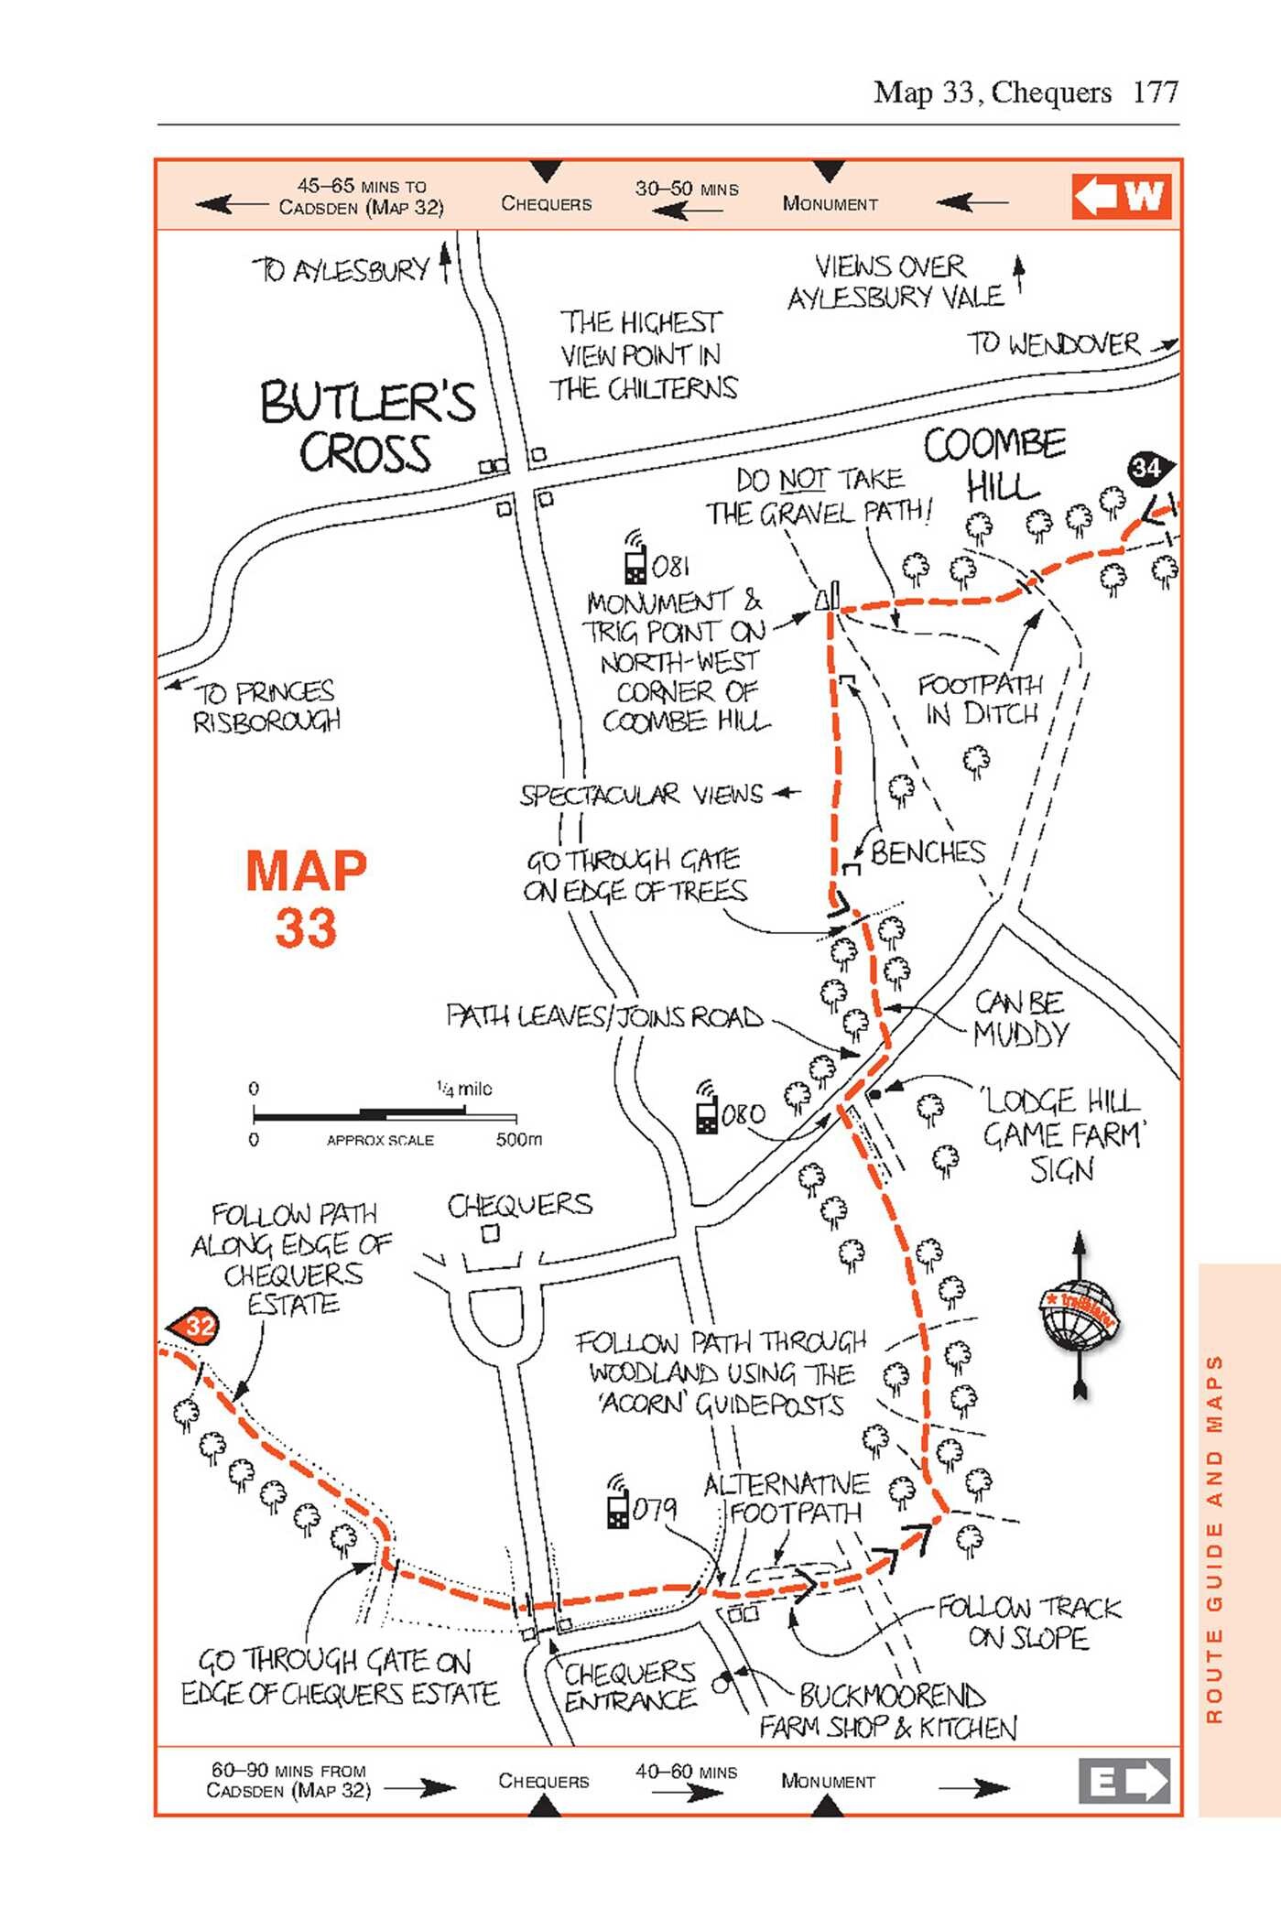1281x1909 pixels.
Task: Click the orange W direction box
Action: point(1122,196)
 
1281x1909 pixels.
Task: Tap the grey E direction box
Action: point(1124,1781)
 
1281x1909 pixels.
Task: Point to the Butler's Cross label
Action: point(367,428)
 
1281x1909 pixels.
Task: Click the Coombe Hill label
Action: point(995,464)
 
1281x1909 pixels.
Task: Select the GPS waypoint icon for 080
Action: point(707,1106)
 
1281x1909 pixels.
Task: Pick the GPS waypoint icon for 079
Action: point(619,1501)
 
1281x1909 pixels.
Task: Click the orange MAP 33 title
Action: point(306,897)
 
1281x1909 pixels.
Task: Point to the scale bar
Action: point(385,1114)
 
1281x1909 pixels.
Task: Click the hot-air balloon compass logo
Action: point(1080,1315)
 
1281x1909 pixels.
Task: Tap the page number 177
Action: point(1156,92)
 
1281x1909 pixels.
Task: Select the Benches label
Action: point(928,852)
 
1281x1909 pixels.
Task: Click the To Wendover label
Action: point(1054,344)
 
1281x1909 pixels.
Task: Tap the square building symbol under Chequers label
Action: point(491,1233)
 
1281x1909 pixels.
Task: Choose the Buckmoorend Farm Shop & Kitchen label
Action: point(888,1711)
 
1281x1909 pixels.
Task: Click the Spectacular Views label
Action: point(641,795)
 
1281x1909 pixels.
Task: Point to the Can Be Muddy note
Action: point(1020,1018)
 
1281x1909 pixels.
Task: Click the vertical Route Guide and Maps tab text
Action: point(1214,1538)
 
